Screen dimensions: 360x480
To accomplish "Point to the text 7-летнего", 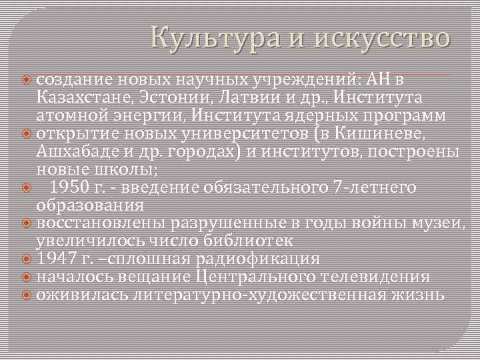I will (x=373, y=187).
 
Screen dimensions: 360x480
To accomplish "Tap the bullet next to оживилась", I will (x=27, y=295).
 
